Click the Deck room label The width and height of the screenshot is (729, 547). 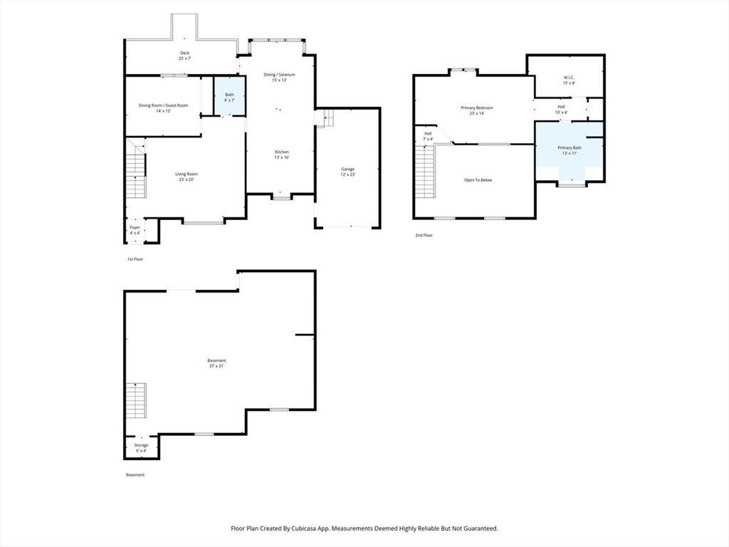184,56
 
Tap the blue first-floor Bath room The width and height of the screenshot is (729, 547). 229,95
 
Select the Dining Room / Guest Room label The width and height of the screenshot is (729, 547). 163,108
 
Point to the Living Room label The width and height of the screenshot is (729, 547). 187,177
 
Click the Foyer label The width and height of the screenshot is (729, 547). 135,230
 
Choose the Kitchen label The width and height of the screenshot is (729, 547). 282,155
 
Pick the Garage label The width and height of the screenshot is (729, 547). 347,172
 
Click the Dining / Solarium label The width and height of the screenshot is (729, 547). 279,77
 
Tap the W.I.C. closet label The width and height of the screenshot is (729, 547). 569,80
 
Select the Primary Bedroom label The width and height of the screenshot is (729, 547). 477,110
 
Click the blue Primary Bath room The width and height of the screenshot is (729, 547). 570,150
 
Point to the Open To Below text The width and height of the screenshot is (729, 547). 478,180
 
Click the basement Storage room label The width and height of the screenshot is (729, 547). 142,447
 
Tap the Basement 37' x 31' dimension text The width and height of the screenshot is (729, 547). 216,366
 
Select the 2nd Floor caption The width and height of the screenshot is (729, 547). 424,235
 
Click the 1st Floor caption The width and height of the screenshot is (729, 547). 135,259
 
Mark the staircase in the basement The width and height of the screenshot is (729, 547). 137,401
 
